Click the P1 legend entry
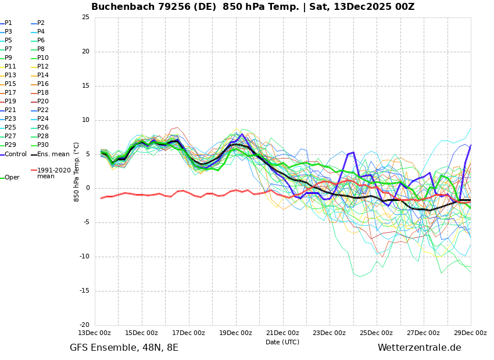(6, 23)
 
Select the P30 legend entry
(40, 145)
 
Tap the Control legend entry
(13, 154)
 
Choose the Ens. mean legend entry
(51, 154)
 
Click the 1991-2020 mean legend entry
(51, 173)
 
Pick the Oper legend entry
(10, 178)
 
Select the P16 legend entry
(40, 84)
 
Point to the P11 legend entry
(8, 66)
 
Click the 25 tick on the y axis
(85, 17)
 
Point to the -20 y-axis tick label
(84, 325)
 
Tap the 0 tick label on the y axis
(88, 188)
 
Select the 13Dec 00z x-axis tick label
(95, 333)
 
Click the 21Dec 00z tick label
(283, 333)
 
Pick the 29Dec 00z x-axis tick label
(471, 333)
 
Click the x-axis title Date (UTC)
(282, 342)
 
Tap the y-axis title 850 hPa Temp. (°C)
(76, 172)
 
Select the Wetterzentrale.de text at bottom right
(420, 348)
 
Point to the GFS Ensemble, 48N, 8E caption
(124, 348)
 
